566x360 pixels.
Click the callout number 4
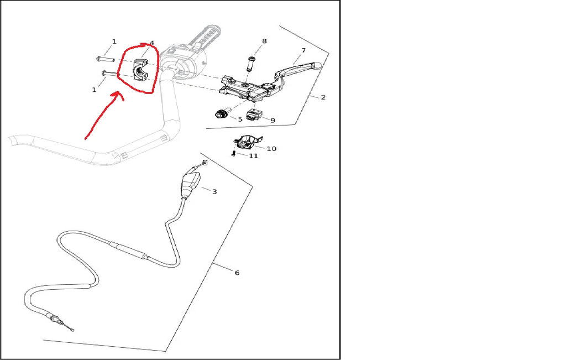[152, 43]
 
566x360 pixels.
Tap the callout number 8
[264, 41]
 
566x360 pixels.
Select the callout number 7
[303, 50]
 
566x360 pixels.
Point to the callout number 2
[323, 97]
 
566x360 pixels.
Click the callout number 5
[240, 119]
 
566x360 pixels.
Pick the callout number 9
[272, 120]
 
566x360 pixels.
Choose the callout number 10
[271, 149]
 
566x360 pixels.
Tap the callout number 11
[253, 156]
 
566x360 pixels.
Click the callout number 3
[214, 192]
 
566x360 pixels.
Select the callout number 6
[237, 273]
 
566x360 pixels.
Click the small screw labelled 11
[234, 154]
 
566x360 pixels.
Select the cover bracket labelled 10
[247, 142]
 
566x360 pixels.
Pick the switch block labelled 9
[253, 115]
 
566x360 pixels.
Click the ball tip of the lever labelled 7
[318, 66]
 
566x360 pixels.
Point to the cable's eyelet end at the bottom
[72, 329]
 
